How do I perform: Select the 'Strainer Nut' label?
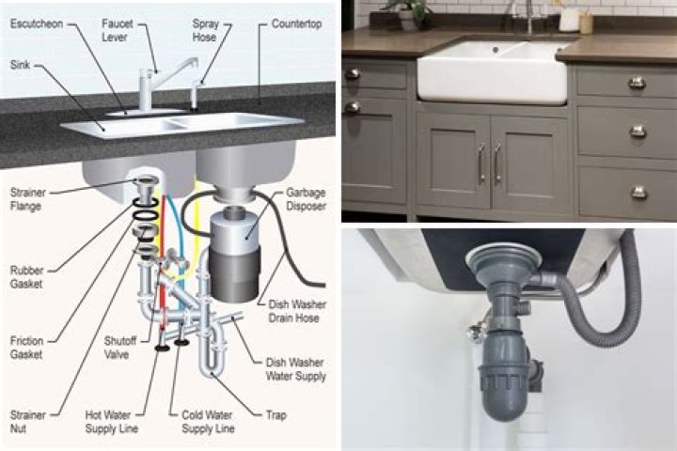coord(27,420)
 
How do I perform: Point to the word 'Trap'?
coord(277,413)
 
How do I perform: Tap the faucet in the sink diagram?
coord(150,89)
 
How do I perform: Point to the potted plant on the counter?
coord(408,12)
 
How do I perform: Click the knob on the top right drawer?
coord(638,83)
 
